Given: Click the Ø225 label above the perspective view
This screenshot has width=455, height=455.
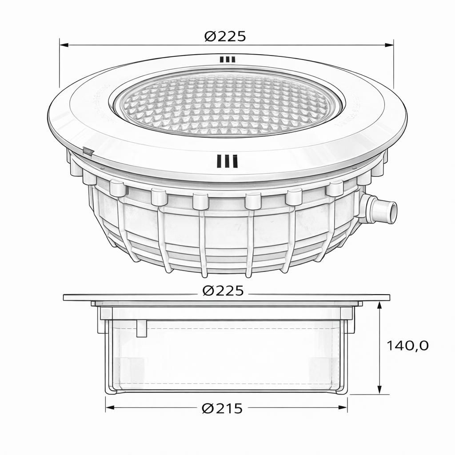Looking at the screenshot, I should point(225,36).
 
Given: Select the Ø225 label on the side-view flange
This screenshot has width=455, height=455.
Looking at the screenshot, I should point(223,291).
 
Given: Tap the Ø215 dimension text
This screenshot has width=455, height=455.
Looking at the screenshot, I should point(222,408).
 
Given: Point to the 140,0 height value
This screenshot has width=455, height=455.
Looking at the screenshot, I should point(407,345).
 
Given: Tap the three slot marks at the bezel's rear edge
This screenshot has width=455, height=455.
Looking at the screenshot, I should point(227,59).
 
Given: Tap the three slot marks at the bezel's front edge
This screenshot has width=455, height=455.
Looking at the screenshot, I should point(227,161).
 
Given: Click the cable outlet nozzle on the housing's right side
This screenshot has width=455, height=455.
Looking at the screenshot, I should point(381,210).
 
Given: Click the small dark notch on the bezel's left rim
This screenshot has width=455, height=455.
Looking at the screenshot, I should point(88,152).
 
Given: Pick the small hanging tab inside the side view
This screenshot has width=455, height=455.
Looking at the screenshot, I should point(141,328).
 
